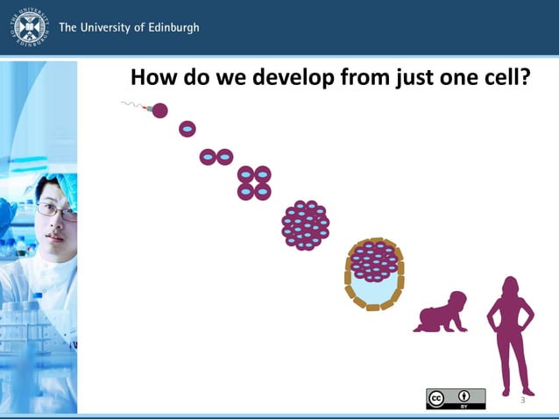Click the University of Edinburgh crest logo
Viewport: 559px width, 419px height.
tap(29, 27)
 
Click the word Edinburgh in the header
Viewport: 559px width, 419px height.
tap(172, 27)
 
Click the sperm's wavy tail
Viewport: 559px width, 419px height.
tap(132, 106)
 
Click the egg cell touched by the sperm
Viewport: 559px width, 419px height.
tap(159, 110)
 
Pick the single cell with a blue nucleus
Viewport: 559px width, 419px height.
tap(187, 130)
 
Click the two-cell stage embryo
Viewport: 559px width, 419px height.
tap(216, 157)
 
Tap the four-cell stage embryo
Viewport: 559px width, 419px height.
tap(254, 182)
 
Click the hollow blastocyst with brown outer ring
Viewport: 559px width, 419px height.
tap(374, 273)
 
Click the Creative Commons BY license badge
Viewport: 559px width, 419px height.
tap(456, 399)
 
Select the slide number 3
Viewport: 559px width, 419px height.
tap(522, 400)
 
